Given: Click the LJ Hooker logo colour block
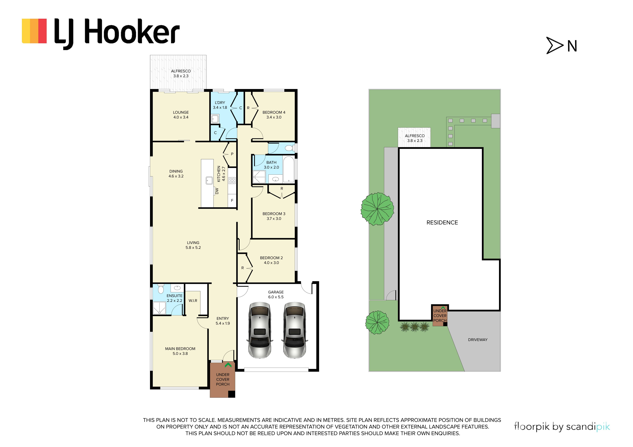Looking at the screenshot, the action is click(x=34, y=31).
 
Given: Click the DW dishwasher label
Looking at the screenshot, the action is click(x=217, y=191).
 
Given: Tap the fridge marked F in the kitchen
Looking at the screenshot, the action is click(x=232, y=201).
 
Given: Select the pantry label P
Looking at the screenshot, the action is click(x=232, y=154).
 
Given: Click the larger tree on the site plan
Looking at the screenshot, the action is click(x=377, y=209).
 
